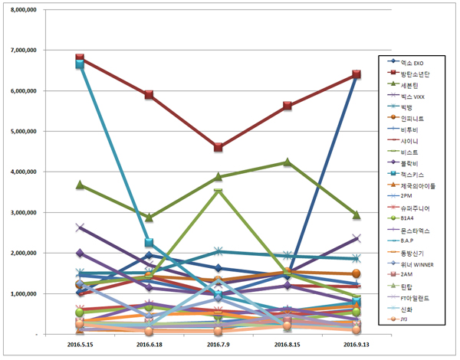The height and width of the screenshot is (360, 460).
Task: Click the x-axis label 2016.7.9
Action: pyautogui.click(x=219, y=345)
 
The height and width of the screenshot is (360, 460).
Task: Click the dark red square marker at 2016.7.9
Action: pyautogui.click(x=219, y=147)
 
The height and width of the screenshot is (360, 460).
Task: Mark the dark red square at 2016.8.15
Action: pyautogui.click(x=287, y=106)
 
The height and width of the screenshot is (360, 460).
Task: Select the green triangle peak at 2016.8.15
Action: pyautogui.click(x=287, y=162)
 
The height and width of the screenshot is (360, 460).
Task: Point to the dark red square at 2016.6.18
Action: pyautogui.click(x=149, y=95)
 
